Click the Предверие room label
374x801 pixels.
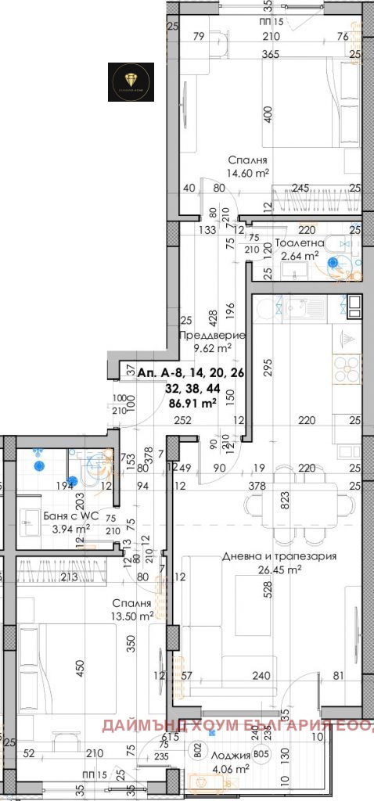pyautogui.click(x=212, y=336)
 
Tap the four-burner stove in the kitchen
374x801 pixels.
pyautogui.click(x=347, y=366)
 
